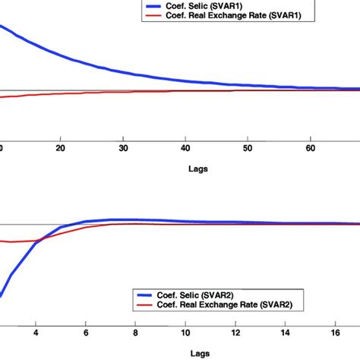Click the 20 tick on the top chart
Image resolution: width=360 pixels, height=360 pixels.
[61, 148]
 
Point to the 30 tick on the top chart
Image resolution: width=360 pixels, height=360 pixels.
[123, 148]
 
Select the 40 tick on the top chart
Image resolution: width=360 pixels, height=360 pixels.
[185, 148]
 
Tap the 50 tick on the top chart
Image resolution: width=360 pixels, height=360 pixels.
[248, 148]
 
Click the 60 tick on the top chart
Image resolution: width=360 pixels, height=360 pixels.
[310, 148]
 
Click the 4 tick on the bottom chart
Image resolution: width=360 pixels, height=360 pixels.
[36, 332]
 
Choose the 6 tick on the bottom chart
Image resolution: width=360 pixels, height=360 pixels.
[86, 332]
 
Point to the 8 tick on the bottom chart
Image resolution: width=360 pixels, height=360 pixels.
[136, 332]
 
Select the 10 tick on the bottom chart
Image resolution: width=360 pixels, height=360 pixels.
[186, 332]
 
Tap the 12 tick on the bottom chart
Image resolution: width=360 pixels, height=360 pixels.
[236, 332]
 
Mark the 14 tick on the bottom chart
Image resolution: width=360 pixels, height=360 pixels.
[286, 332]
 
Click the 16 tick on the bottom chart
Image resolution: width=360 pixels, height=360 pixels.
[336, 332]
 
